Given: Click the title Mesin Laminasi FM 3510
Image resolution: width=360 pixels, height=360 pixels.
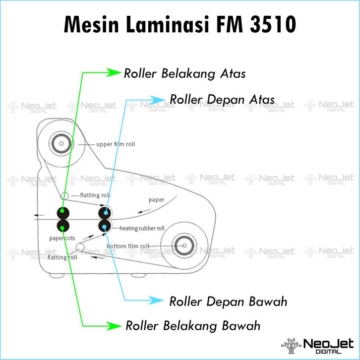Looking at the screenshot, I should (x=180, y=24).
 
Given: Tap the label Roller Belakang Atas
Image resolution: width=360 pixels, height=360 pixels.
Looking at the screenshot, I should (x=185, y=74).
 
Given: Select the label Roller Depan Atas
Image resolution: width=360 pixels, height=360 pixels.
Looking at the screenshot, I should (x=222, y=99).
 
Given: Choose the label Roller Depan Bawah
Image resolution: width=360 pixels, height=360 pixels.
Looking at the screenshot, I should (x=228, y=301).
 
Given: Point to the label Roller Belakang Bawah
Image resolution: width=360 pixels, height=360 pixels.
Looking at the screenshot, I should (x=193, y=326).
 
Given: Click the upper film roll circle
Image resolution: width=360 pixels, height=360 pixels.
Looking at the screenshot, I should (x=60, y=144).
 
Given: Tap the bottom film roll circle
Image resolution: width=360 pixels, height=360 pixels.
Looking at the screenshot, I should (x=184, y=246).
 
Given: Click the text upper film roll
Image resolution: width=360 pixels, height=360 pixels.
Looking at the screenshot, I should (x=115, y=144).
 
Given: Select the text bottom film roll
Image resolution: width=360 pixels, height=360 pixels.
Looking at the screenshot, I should (x=128, y=246).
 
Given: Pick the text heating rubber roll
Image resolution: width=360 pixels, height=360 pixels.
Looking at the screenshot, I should (x=142, y=229).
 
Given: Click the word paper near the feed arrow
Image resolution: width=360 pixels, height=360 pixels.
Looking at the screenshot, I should (x=156, y=200).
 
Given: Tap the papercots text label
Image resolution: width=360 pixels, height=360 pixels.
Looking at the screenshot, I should (x=62, y=238).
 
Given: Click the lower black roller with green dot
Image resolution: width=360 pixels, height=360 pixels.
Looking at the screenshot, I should (x=62, y=227).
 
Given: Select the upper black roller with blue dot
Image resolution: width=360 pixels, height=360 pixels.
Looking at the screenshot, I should (x=105, y=213).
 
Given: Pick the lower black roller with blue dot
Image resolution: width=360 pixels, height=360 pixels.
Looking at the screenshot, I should (x=105, y=227).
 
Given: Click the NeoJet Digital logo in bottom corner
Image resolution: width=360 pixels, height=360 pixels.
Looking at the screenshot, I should (x=317, y=345).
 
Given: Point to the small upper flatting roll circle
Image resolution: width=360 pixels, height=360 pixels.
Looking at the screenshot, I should (x=65, y=195).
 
